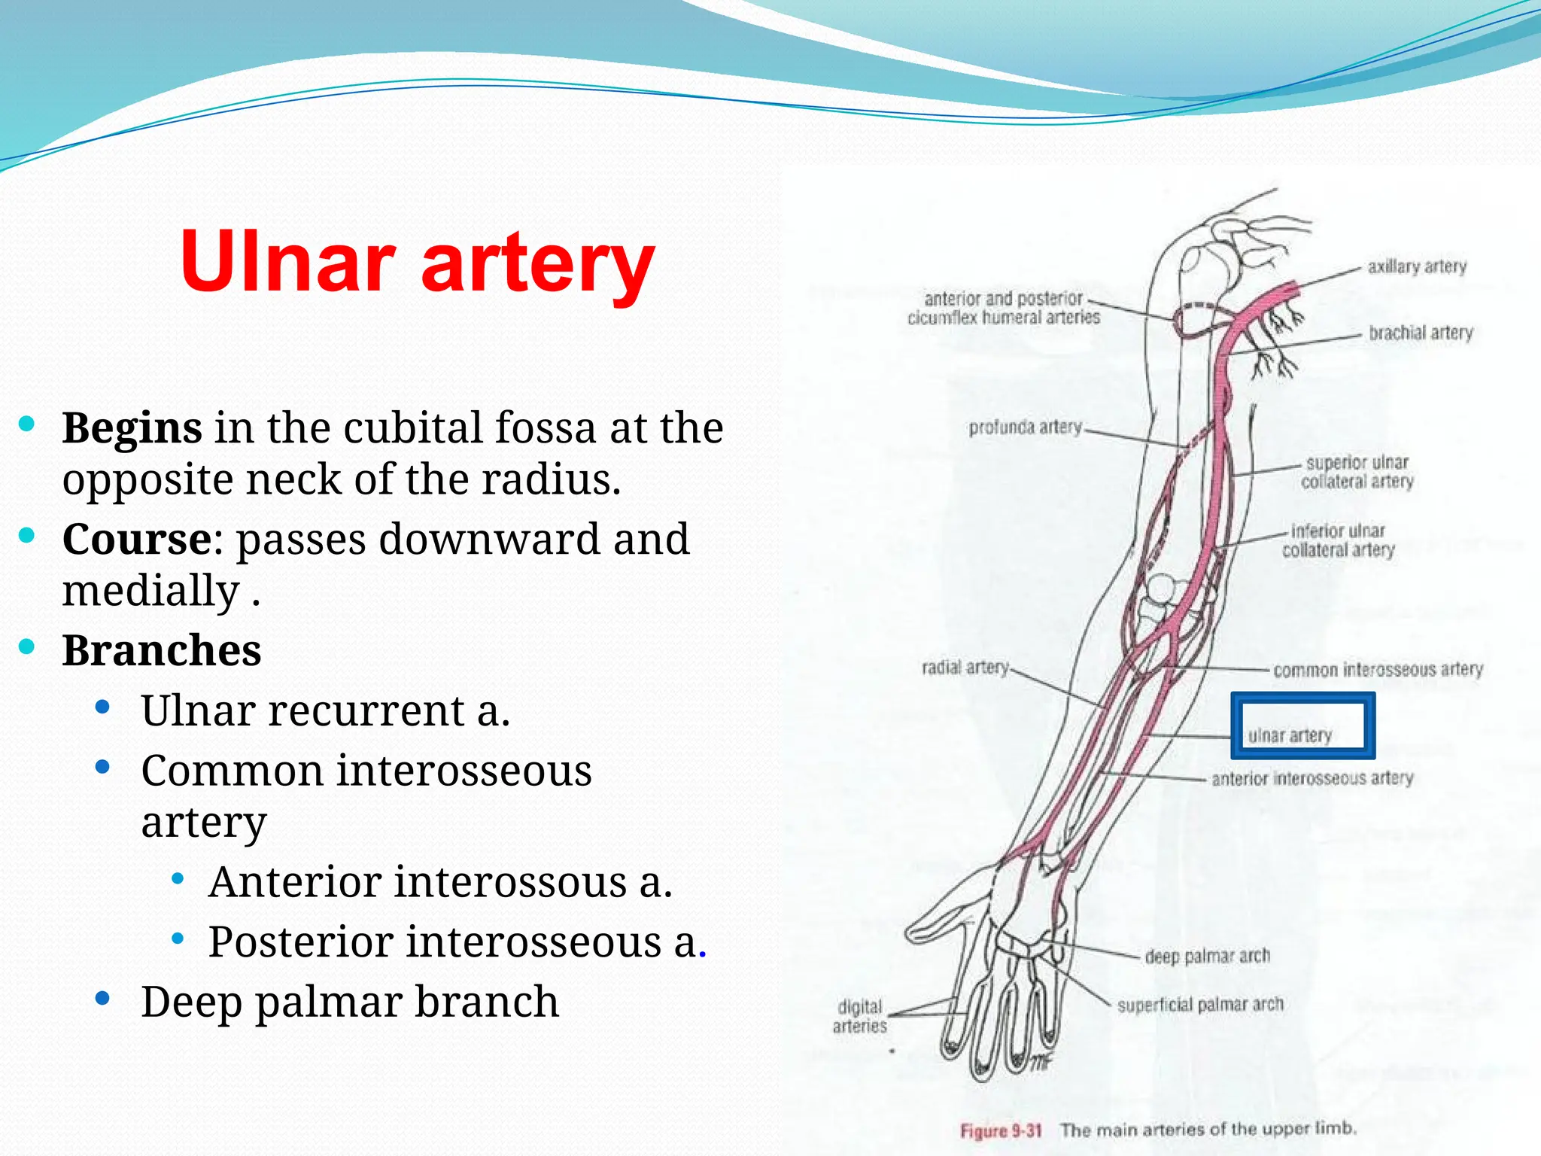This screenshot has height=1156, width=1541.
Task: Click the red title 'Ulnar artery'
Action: [x=418, y=261]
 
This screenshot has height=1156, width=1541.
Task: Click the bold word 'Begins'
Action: [x=132, y=428]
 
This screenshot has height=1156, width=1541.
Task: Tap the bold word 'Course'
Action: [x=137, y=540]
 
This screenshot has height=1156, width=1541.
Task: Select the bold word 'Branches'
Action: [x=161, y=650]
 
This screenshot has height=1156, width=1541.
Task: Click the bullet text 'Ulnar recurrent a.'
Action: [x=325, y=710]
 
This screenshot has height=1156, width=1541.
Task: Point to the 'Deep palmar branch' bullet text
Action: [x=349, y=1002]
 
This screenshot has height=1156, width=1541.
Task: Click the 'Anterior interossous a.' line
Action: [x=440, y=882]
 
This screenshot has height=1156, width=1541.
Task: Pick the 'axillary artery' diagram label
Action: [x=1417, y=266]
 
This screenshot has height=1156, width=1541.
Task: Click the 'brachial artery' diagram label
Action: [x=1421, y=333]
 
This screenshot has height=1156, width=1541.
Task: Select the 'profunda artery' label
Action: [x=1025, y=427]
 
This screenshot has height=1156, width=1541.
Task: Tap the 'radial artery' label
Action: [x=965, y=668]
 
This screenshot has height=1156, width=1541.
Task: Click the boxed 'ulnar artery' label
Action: [x=1290, y=735]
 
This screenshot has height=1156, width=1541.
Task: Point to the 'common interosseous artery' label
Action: [x=1378, y=669]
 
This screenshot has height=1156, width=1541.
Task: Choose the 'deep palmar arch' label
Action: [x=1207, y=956]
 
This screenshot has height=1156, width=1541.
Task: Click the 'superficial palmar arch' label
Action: [x=1200, y=1005]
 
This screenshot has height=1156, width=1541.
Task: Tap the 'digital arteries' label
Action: [x=860, y=1016]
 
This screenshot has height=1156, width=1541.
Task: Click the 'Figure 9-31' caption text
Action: [x=1001, y=1130]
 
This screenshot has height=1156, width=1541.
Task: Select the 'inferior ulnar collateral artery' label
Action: [x=1338, y=540]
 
